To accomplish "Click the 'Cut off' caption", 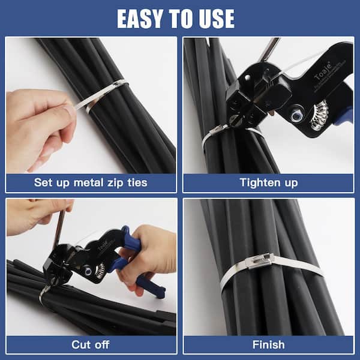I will pyautogui.click(x=90, y=344).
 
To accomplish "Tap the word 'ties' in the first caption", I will pyautogui.click(x=134, y=182).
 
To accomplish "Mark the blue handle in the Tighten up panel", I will pyautogui.click(x=344, y=117).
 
